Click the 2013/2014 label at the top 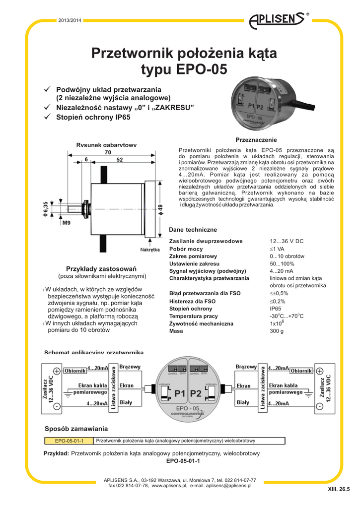click(69, 20)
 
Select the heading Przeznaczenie click(256, 140)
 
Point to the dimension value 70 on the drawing click(108, 152)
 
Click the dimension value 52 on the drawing click(120, 160)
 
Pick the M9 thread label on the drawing click(66, 223)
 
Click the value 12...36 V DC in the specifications click(287, 241)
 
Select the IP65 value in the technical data click(276, 309)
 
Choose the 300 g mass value click(277, 331)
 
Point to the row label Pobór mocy click(186, 249)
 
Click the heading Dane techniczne click(193, 230)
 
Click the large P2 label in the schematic click(196, 393)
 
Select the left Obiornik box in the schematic click(75, 371)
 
